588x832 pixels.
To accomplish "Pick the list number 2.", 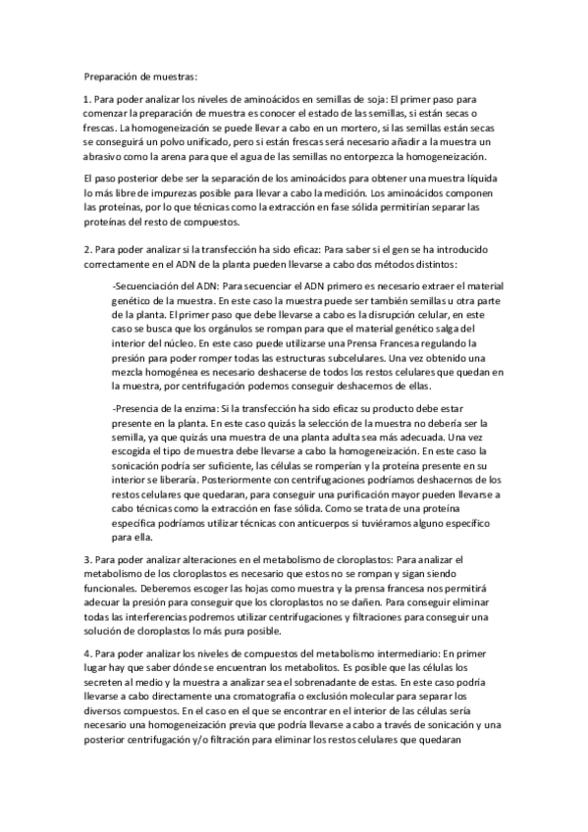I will coord(87,250).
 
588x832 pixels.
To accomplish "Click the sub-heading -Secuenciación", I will coord(147,285).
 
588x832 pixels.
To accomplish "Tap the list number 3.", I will coord(87,559).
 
